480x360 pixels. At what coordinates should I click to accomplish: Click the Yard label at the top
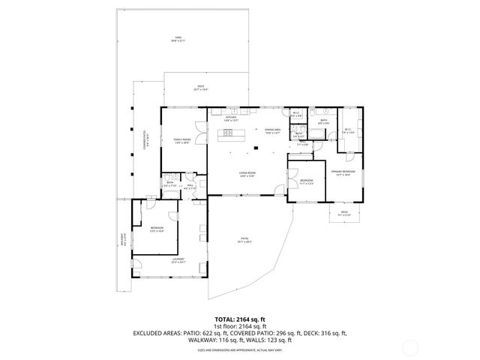tap(178, 38)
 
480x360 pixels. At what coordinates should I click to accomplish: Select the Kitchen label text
tap(231, 118)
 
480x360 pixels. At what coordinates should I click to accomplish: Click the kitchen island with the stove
tap(229, 136)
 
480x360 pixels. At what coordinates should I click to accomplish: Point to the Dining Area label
tap(272, 130)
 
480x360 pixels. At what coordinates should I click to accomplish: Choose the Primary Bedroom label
tap(343, 172)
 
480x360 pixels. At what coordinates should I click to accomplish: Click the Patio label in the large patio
tap(244, 241)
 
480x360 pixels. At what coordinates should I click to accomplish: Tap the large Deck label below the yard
tap(201, 88)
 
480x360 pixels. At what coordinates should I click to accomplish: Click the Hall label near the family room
tap(190, 187)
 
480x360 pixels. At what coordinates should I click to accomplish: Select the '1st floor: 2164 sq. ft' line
tap(239, 326)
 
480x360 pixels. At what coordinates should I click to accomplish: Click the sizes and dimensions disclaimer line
tap(239, 349)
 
